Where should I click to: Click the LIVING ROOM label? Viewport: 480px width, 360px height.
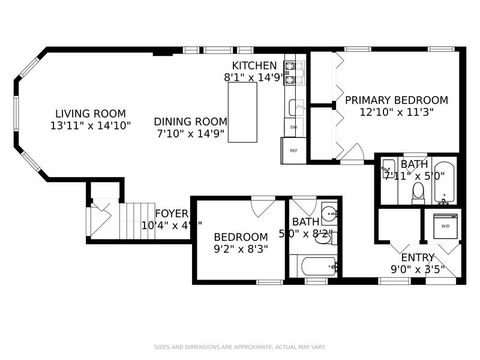pyautogui.click(x=89, y=113)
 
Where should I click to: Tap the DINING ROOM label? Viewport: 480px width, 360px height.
pyautogui.click(x=188, y=121)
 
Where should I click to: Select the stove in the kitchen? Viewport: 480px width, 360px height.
pyautogui.click(x=293, y=69)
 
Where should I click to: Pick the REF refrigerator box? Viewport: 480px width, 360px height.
pyautogui.click(x=294, y=150)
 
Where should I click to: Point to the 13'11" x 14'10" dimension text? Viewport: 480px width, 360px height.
pyautogui.click(x=89, y=126)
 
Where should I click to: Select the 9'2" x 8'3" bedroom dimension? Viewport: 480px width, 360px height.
pyautogui.click(x=240, y=250)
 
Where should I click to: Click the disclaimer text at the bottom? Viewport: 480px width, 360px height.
pyautogui.click(x=240, y=347)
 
